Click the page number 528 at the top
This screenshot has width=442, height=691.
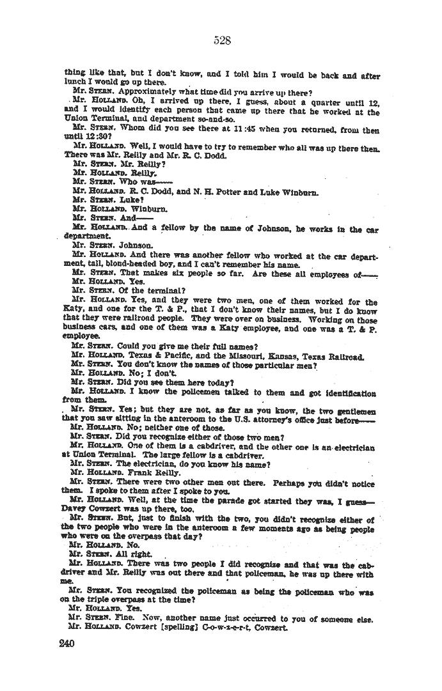222,41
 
